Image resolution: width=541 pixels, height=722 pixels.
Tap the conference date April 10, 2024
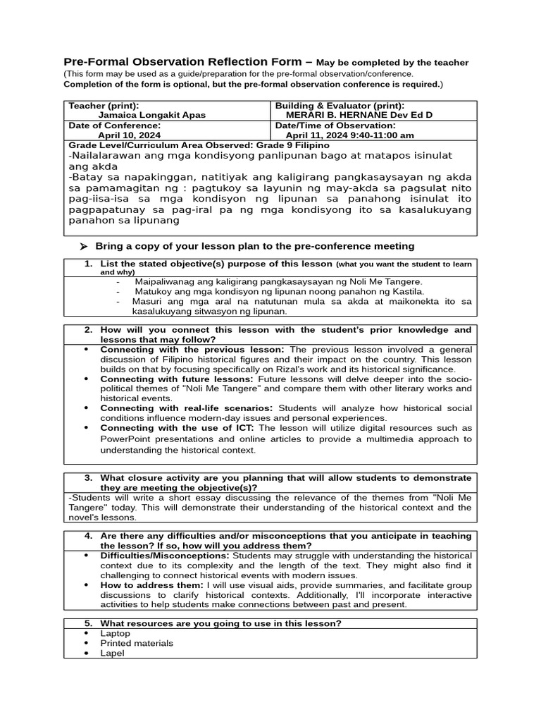pos(129,135)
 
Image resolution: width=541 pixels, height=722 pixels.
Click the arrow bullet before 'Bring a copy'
pos(83,246)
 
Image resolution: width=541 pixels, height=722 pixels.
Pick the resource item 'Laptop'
pos(116,633)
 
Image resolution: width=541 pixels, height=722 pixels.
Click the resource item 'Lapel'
pos(112,653)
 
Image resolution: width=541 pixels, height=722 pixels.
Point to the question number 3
pos(89,478)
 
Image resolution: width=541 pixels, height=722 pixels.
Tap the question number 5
pos(89,623)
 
